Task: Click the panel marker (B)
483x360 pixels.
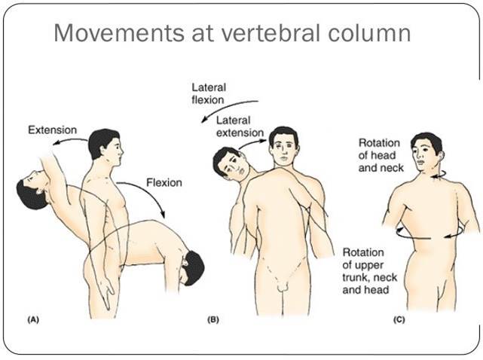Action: pyautogui.click(x=213, y=320)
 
